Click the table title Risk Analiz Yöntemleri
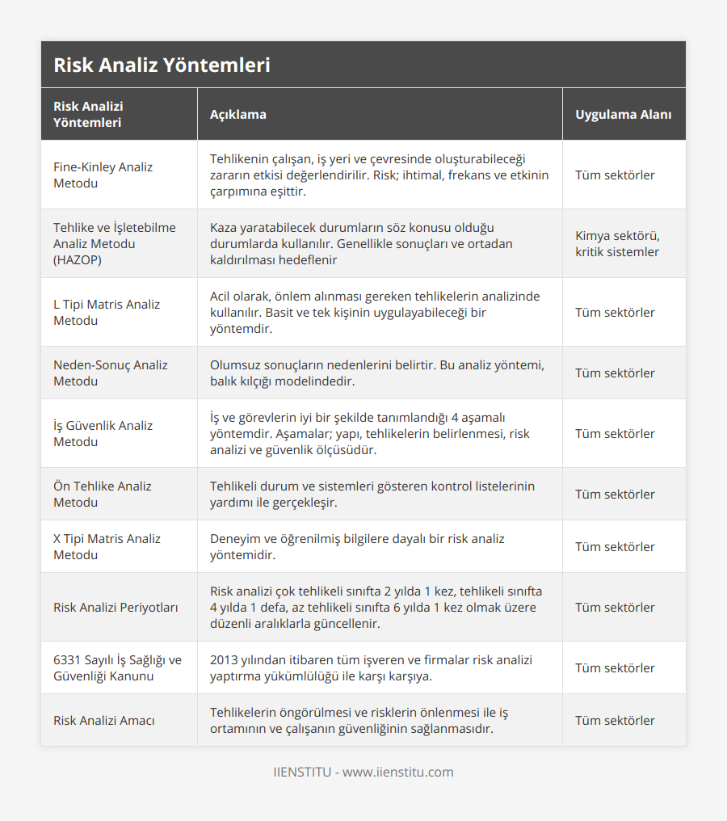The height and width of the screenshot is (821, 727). click(162, 65)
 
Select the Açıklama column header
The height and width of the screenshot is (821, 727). click(237, 114)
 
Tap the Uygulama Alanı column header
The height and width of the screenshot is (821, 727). click(623, 114)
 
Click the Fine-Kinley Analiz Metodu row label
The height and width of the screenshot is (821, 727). click(103, 175)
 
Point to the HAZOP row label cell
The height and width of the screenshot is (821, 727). click(114, 243)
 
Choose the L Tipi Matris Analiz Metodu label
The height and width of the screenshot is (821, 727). click(107, 312)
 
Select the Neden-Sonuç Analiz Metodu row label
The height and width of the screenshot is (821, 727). click(111, 373)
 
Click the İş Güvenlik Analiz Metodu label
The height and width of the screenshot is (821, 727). click(103, 433)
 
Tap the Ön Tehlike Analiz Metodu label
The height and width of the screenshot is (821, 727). click(103, 494)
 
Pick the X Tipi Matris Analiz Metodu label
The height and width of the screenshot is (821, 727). click(107, 546)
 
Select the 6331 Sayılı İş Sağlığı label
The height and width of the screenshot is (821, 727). click(117, 667)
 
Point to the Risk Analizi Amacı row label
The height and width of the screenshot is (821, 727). click(104, 720)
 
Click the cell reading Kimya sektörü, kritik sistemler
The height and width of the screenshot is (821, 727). click(617, 243)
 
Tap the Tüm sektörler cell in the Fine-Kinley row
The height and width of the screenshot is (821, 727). click(615, 175)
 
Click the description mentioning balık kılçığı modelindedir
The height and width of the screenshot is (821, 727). click(377, 373)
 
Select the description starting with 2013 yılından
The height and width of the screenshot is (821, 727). click(371, 667)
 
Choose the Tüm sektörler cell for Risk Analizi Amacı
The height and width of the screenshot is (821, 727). click(615, 720)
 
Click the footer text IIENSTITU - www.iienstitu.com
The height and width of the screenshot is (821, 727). click(363, 772)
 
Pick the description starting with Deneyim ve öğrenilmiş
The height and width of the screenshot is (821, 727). click(357, 546)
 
